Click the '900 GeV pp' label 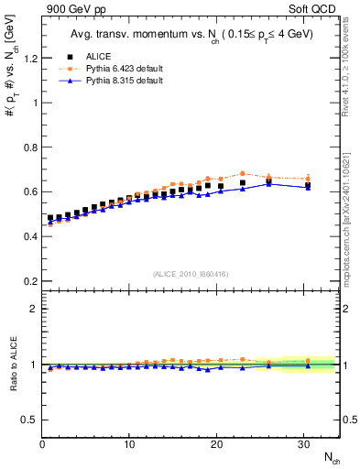pos(76,10)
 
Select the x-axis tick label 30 pos(304,444)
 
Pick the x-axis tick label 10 pos(130,444)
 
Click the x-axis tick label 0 pos(43,444)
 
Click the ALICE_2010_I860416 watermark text pos(191,274)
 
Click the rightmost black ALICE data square pos(308,185)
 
